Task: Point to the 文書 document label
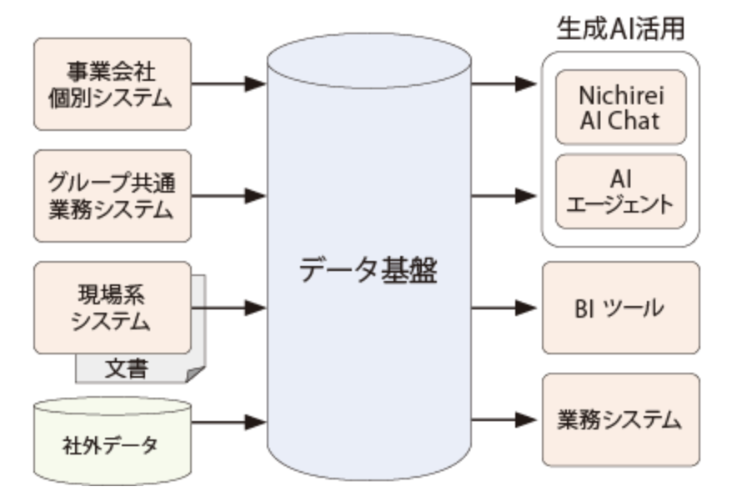coord(127,368)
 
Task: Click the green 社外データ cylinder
coord(112,440)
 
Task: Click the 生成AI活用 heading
coord(620,27)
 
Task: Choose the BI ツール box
coord(620,308)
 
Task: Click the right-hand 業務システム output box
coord(620,419)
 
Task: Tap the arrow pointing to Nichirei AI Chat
coord(504,83)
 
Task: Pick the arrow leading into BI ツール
coord(504,308)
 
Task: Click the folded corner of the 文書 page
coord(195,374)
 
